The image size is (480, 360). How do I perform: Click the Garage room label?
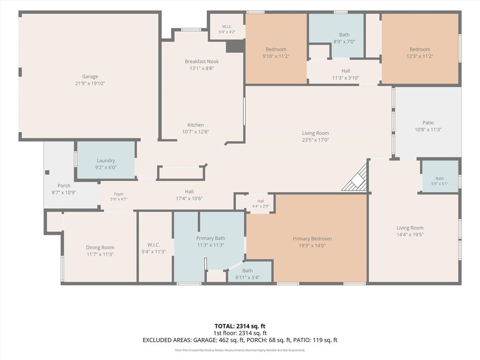tap(90, 76)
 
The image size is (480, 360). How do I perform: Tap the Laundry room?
tap(105, 159)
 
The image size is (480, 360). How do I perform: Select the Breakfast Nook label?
tap(202, 61)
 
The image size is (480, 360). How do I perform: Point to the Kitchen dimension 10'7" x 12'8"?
tap(195, 132)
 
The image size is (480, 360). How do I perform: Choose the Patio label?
tap(428, 122)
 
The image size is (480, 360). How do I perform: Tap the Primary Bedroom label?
tap(312, 239)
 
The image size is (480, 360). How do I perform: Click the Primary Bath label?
tap(210, 238)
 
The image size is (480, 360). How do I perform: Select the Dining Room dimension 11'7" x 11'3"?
tap(100, 255)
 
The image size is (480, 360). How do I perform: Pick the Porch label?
tap(64, 186)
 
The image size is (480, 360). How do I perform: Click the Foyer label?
tap(119, 194)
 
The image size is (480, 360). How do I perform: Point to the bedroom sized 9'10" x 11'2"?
tap(276, 49)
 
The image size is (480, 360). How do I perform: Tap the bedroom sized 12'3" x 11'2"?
tap(420, 49)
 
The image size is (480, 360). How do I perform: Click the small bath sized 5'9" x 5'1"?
tap(440, 176)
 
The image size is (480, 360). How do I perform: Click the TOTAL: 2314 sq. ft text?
tap(240, 326)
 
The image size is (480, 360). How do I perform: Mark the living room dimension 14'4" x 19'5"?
tap(410, 235)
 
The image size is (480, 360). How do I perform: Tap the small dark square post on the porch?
tap(47, 172)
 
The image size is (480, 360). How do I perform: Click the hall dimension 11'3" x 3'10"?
tap(345, 78)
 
